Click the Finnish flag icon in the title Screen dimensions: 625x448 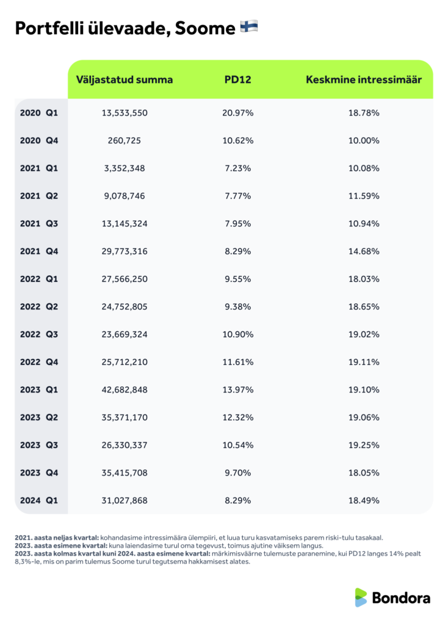249,27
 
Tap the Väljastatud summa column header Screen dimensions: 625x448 124,80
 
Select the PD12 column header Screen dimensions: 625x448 238,80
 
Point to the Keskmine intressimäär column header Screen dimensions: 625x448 364,80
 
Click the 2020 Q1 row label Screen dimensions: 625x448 38,113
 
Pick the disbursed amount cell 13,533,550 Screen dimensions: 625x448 125,113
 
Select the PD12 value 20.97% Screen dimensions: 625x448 238,113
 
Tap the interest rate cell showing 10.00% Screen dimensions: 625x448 364,140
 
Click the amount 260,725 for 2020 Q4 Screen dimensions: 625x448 125,140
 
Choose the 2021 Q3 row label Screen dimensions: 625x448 38,223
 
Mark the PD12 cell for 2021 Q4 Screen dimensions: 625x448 238,251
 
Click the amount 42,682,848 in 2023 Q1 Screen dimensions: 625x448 125,389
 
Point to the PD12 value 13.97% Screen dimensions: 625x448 238,389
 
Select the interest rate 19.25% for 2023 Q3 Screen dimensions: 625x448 364,445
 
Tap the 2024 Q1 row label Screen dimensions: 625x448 38,500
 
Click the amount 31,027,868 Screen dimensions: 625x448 125,500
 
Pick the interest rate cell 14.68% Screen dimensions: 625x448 364,251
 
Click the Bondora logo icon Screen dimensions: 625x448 361,598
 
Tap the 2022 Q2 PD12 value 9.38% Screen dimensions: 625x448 238,306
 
